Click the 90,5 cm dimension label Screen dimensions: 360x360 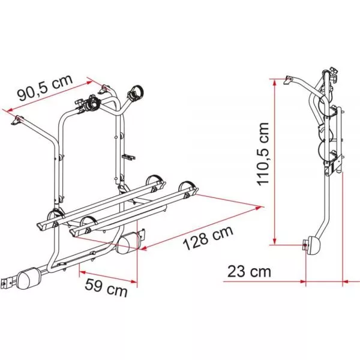pos(46,87)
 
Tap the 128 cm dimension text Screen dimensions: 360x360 pos(208,238)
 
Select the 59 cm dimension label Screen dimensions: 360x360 pos(106,288)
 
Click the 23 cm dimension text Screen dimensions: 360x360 pos(249,272)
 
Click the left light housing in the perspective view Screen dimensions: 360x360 pos(28,278)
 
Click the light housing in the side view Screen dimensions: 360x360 pos(314,245)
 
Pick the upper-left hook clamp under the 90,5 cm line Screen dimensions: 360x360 pos(17,121)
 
